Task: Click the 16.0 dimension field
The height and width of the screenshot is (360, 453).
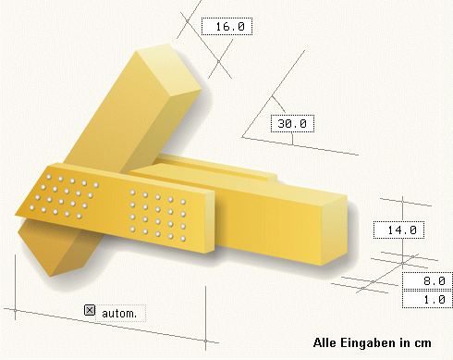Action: tap(226, 27)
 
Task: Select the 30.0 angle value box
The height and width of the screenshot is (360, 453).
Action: tap(292, 124)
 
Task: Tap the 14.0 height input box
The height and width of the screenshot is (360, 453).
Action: tap(398, 230)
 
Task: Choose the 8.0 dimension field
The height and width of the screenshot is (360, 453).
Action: tap(427, 281)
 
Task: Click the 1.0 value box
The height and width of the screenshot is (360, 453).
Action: tap(427, 299)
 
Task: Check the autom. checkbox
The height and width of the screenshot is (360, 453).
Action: tap(90, 310)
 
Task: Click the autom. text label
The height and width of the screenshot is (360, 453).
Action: tap(119, 314)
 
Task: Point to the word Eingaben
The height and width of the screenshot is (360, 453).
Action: tap(369, 343)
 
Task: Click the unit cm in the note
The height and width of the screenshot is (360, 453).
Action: tap(422, 343)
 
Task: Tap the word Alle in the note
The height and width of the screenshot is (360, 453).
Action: tap(324, 342)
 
